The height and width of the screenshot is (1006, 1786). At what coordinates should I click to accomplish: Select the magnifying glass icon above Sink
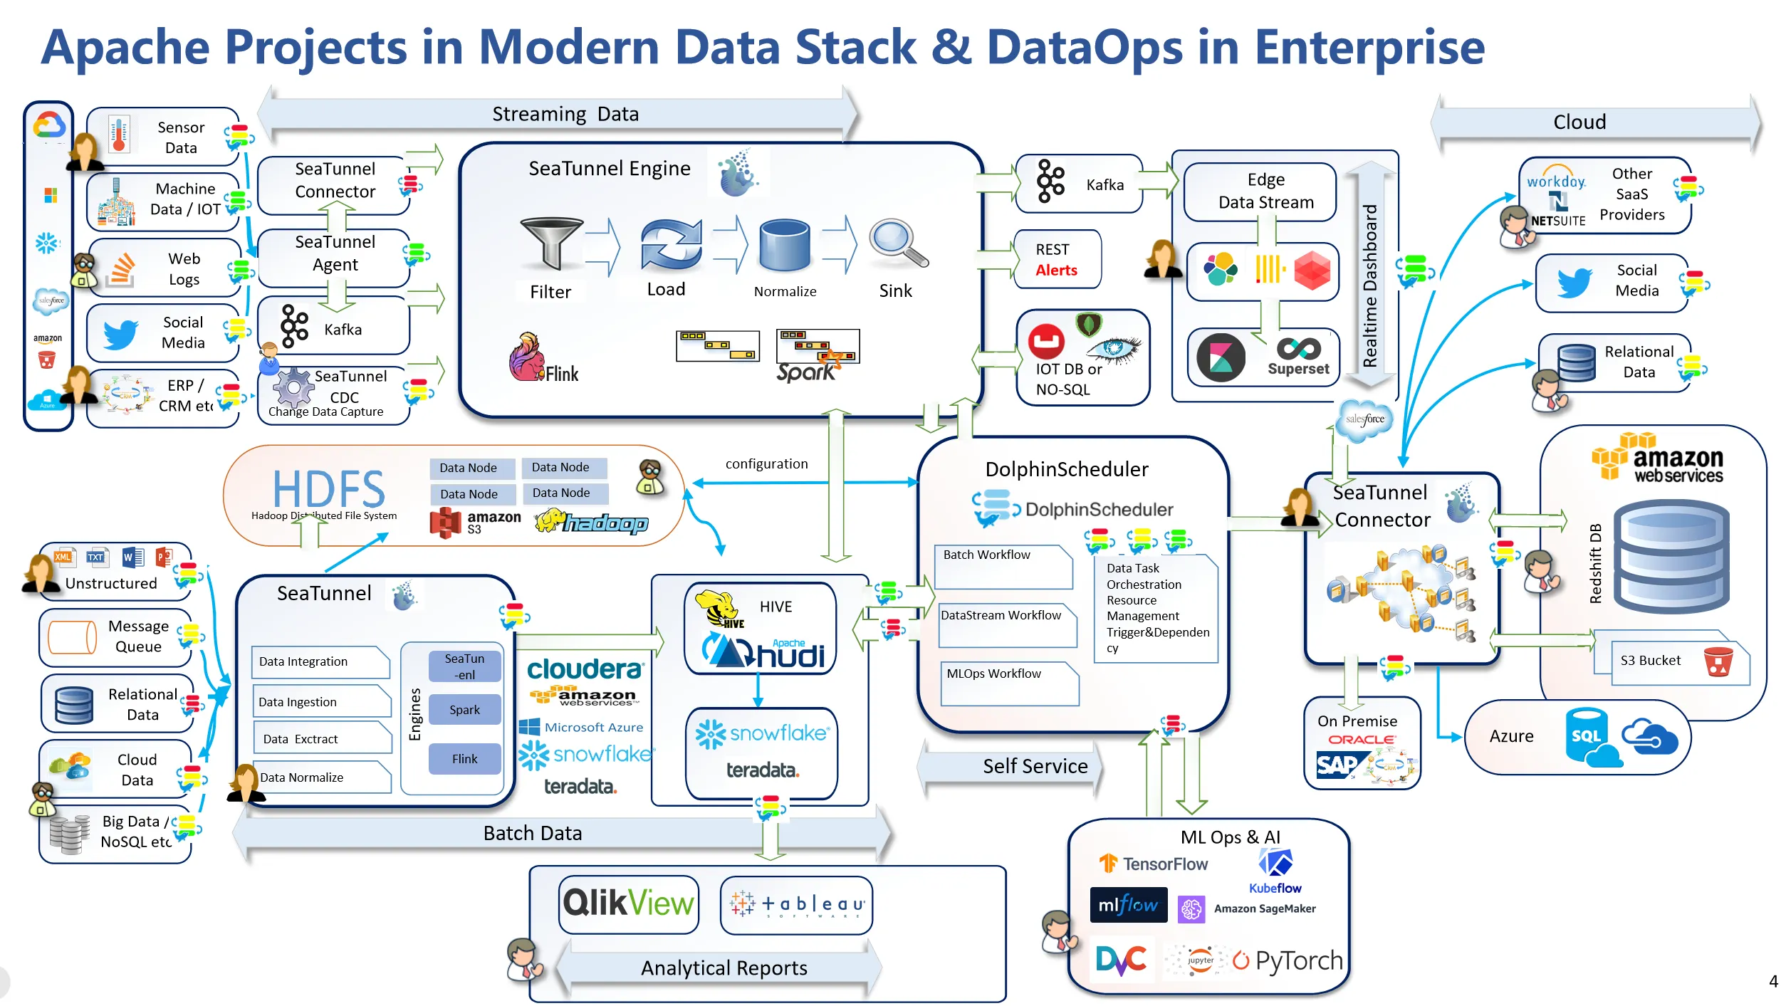[898, 243]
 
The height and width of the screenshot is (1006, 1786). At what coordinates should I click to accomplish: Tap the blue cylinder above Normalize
[784, 246]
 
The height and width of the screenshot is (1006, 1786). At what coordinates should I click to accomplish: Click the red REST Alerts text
[1056, 271]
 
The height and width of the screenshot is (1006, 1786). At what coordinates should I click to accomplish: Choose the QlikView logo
[628, 903]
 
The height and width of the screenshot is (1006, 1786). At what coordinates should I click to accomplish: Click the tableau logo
[797, 905]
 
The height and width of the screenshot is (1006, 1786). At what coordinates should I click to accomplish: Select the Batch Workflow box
[1002, 565]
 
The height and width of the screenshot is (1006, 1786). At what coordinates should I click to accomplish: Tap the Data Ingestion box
[321, 702]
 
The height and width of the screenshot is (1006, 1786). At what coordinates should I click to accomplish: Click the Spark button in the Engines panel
[464, 710]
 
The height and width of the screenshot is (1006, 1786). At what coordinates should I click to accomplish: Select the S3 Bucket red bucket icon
[1718, 661]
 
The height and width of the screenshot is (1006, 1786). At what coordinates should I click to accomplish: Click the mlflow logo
[1128, 905]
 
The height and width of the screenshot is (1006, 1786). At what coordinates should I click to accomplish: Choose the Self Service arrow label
[1035, 766]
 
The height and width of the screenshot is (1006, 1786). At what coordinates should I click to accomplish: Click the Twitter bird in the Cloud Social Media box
[1573, 283]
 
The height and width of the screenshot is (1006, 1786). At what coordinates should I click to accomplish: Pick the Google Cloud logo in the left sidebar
[49, 125]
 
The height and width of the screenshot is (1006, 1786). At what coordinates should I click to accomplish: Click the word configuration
[766, 464]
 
